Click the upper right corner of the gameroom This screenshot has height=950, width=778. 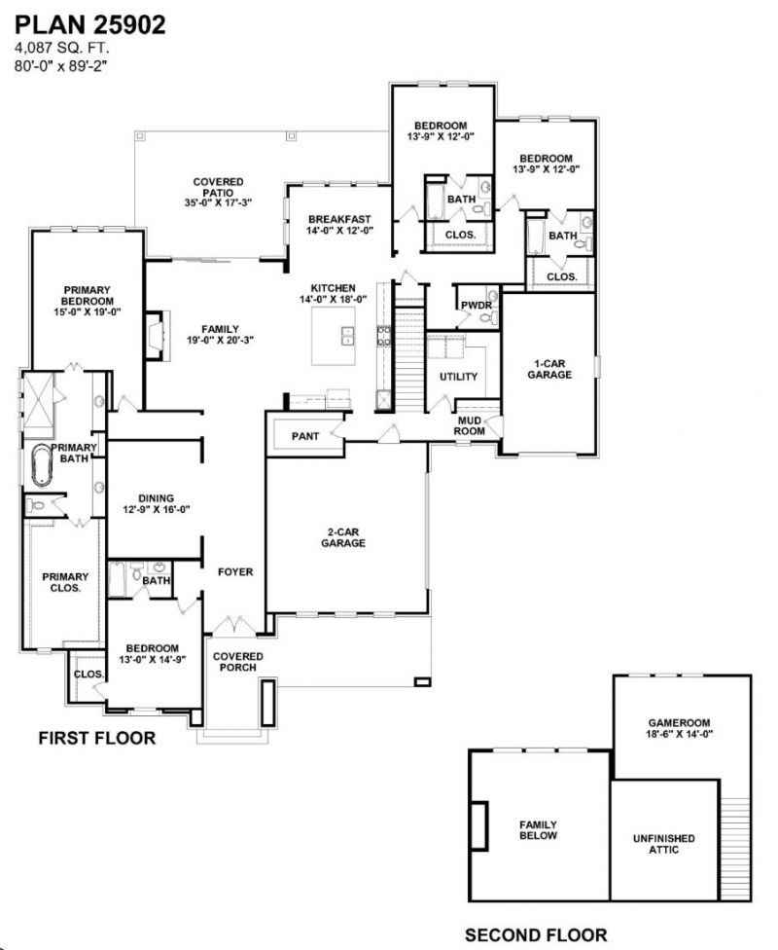(x=751, y=676)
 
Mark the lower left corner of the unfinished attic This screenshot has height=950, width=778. (x=611, y=900)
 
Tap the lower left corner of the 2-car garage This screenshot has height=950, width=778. (x=267, y=612)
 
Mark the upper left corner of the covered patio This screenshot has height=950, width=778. (x=135, y=131)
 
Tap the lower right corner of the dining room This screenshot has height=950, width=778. (x=201, y=557)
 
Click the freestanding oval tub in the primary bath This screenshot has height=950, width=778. (x=41, y=464)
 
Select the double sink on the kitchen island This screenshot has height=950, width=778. (x=348, y=336)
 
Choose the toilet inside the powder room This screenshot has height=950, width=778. (x=493, y=317)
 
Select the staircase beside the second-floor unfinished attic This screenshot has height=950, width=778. (x=736, y=849)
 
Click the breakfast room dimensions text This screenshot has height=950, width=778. (x=339, y=231)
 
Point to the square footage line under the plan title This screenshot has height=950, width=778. (x=62, y=48)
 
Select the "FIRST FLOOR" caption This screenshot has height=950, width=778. (x=97, y=738)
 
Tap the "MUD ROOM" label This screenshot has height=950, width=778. (x=470, y=426)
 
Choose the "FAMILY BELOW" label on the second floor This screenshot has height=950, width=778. (x=538, y=830)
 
